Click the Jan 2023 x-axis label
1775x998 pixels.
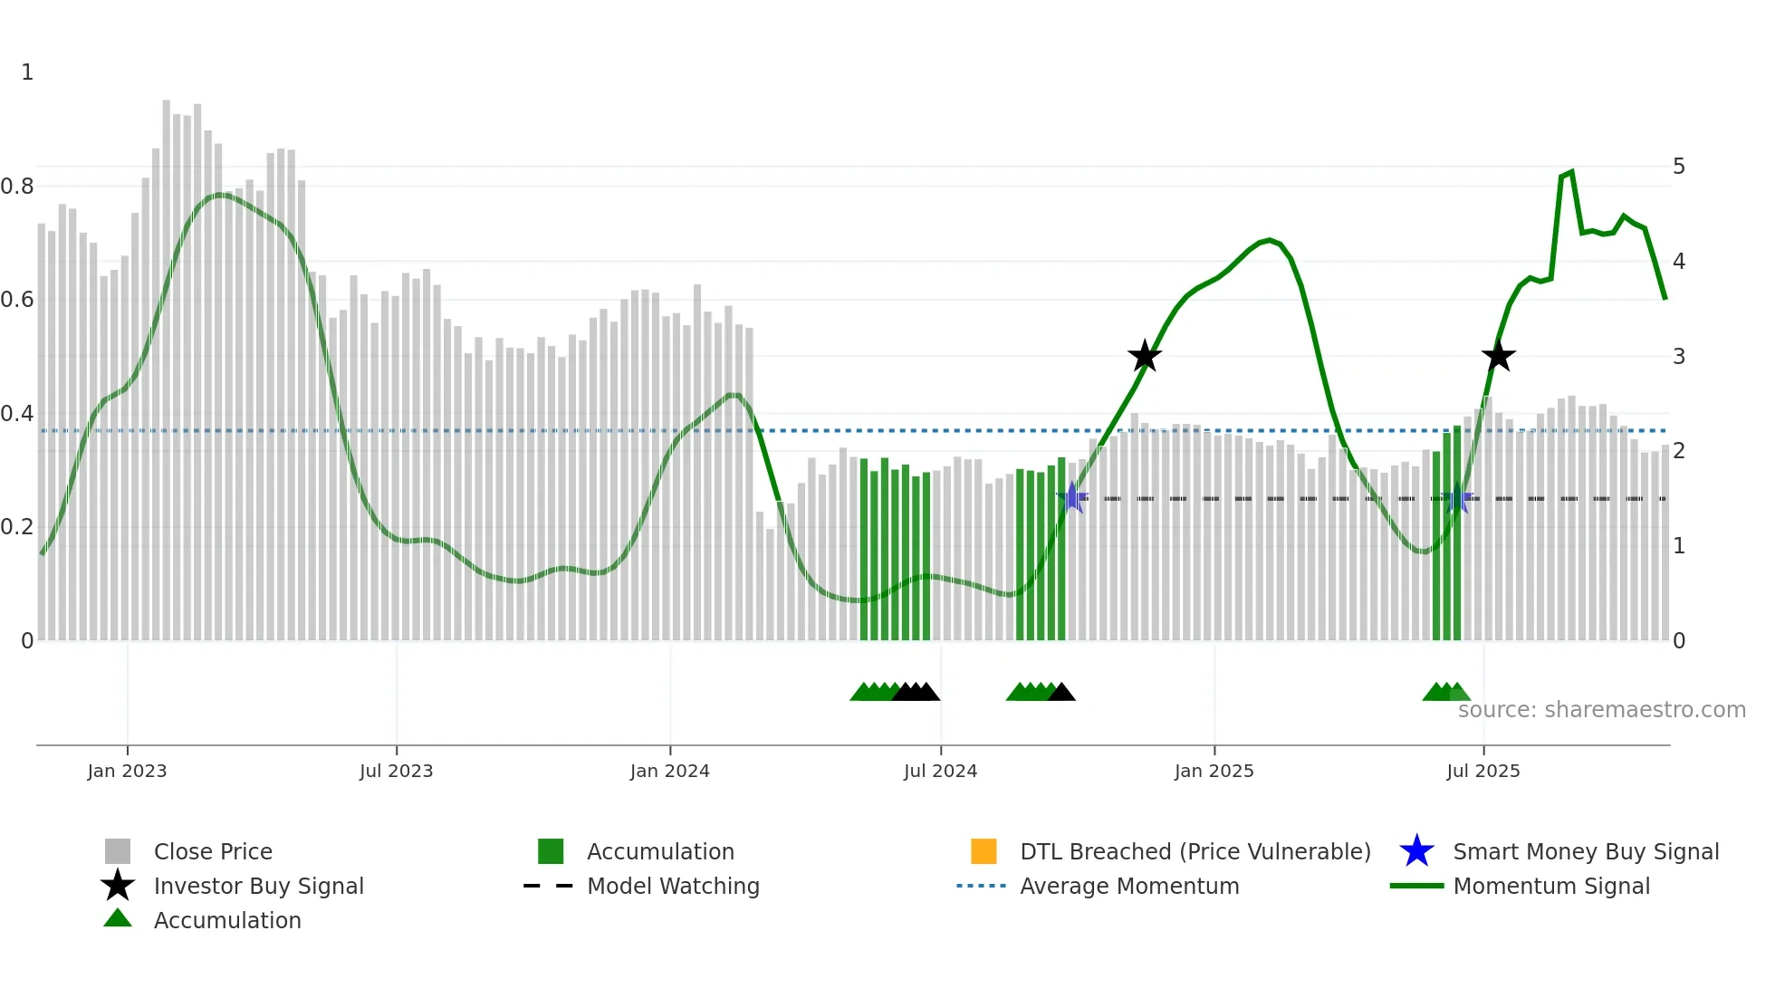(127, 771)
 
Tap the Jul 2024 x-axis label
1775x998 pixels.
(940, 771)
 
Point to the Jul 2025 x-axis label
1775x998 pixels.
(1482, 771)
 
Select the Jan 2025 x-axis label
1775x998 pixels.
(1214, 771)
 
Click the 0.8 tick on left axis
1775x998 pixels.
(17, 187)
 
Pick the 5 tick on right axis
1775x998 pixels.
(1679, 167)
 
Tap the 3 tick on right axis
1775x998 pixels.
(1679, 357)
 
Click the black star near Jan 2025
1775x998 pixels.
(1145, 356)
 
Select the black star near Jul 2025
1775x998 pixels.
(1499, 356)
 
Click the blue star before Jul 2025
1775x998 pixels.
(1457, 498)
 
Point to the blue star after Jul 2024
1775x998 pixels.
(1072, 497)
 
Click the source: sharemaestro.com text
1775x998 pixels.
(1601, 710)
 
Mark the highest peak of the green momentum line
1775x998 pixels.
(1571, 171)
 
